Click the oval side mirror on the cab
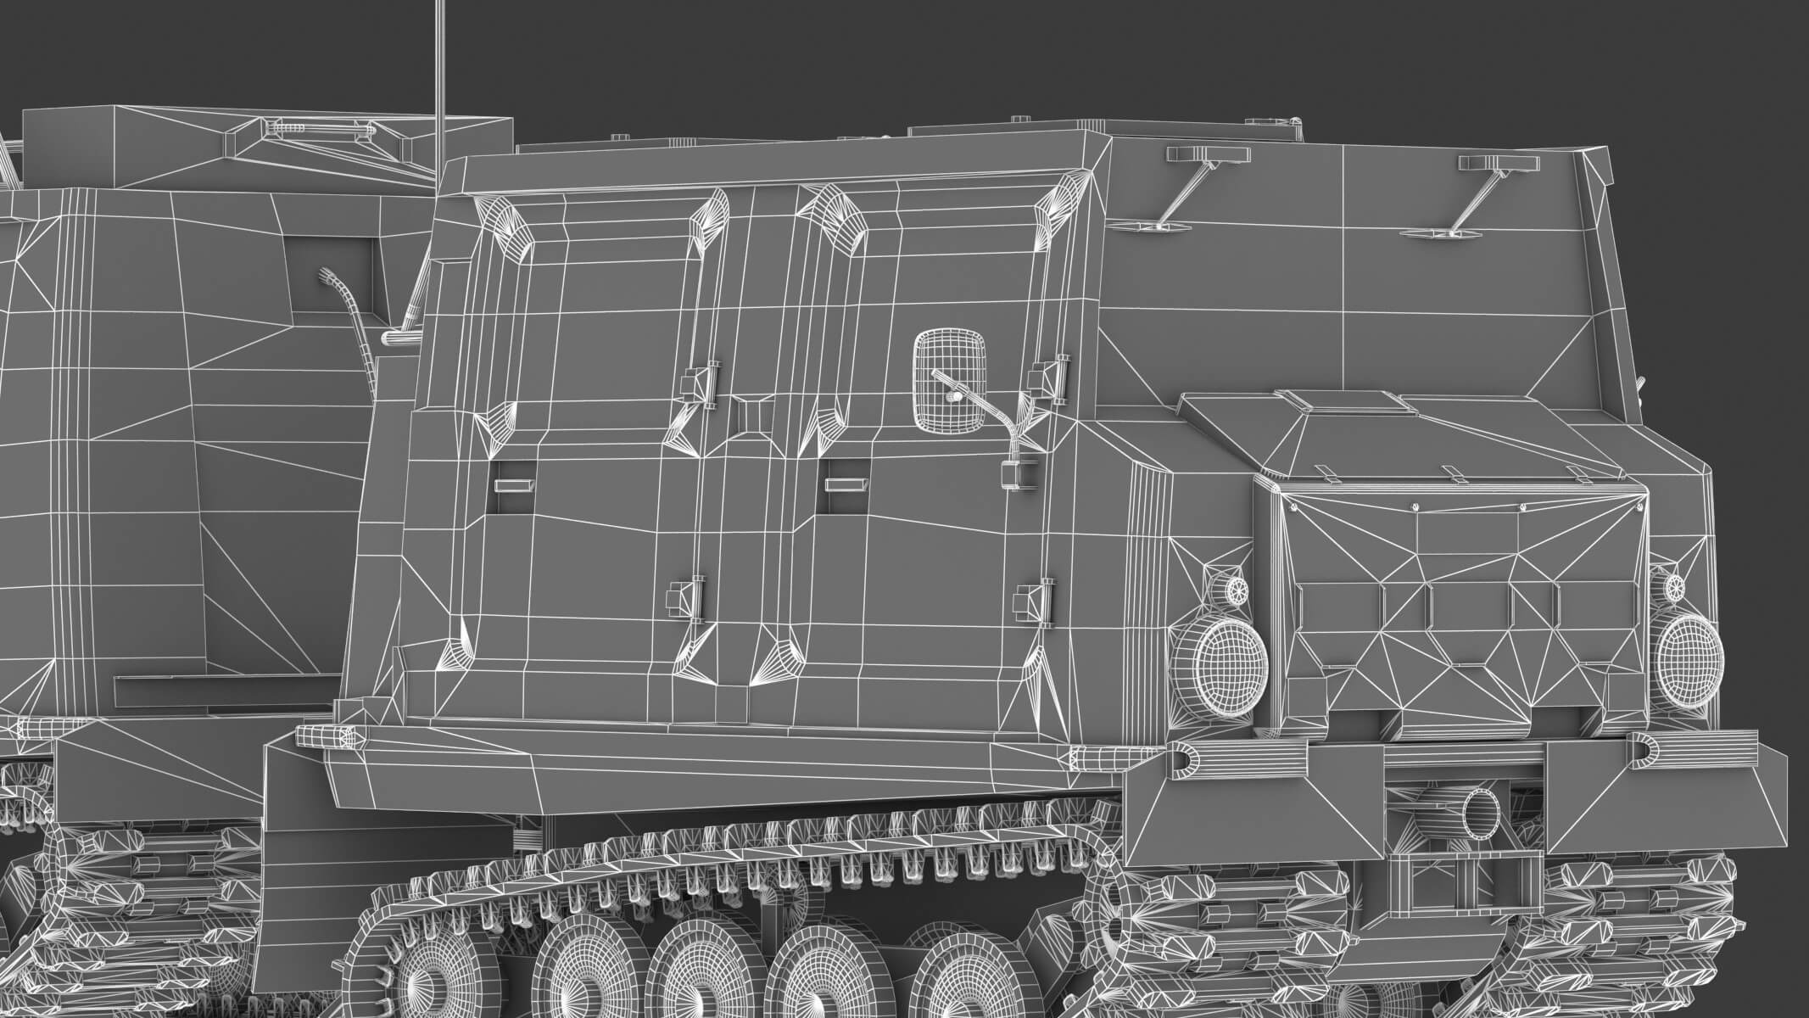coord(951,380)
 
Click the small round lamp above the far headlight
coord(1674,586)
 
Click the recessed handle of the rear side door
coord(515,484)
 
